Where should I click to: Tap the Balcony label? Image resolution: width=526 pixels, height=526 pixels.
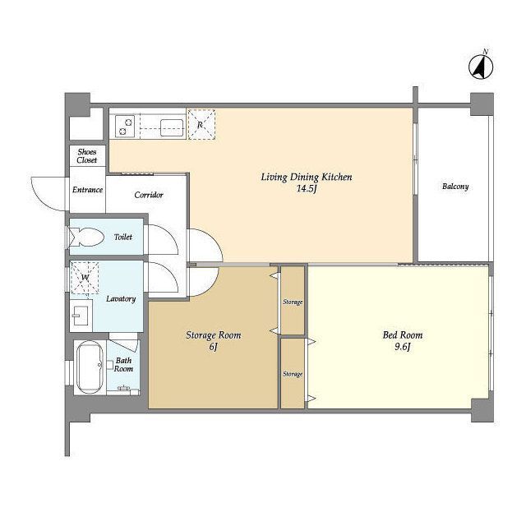click(455, 187)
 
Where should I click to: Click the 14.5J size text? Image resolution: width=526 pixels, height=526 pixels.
click(307, 188)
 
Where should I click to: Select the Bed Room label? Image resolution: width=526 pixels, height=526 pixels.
click(403, 335)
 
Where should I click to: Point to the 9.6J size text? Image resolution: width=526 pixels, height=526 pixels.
click(403, 347)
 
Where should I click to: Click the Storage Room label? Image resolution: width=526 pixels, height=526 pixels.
click(214, 335)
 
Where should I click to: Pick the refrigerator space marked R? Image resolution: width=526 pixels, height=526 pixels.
click(201, 124)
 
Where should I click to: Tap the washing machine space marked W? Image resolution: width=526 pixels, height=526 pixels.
click(85, 278)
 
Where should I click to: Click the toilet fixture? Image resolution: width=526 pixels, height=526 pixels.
click(85, 238)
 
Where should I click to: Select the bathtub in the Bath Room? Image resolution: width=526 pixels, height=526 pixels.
click(90, 367)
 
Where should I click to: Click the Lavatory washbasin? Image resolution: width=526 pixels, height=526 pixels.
click(81, 315)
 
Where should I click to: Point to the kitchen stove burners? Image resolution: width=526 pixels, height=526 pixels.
click(125, 126)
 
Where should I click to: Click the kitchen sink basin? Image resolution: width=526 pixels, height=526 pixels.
click(172, 128)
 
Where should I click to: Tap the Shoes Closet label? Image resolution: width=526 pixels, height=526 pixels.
click(87, 156)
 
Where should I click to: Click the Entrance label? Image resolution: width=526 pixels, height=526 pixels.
click(88, 190)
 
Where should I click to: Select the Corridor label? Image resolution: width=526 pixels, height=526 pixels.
click(149, 195)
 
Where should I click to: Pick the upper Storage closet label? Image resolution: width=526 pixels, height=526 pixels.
click(293, 302)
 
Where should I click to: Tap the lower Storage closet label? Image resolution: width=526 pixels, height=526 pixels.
click(293, 374)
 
